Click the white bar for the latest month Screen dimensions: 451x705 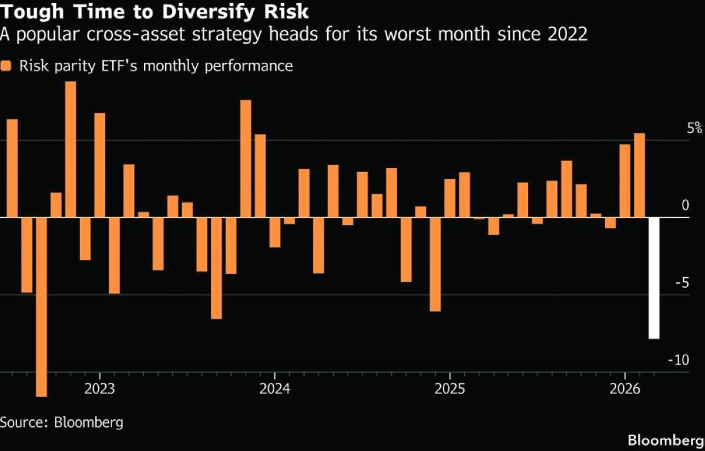point(654,278)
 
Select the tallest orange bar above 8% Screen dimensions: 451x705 point(70,149)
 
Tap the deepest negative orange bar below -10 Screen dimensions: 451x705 point(41,307)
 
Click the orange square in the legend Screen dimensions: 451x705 point(6,66)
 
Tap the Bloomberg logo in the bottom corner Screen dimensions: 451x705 point(666,440)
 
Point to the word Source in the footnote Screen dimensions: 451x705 point(23,422)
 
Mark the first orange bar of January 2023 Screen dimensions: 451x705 point(100,165)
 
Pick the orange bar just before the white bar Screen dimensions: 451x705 point(639,175)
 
